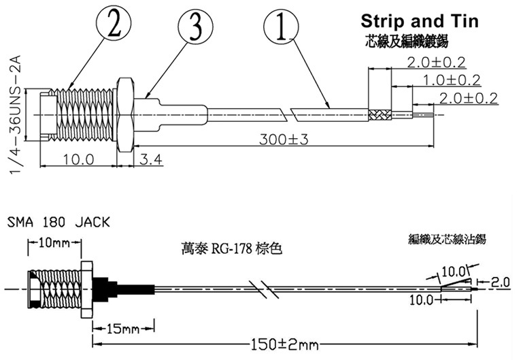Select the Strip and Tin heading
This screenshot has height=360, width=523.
pyautogui.click(x=418, y=21)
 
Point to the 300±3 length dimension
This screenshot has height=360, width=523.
pyautogui.click(x=284, y=140)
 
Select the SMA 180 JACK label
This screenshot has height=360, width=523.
pyautogui.click(x=58, y=223)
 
